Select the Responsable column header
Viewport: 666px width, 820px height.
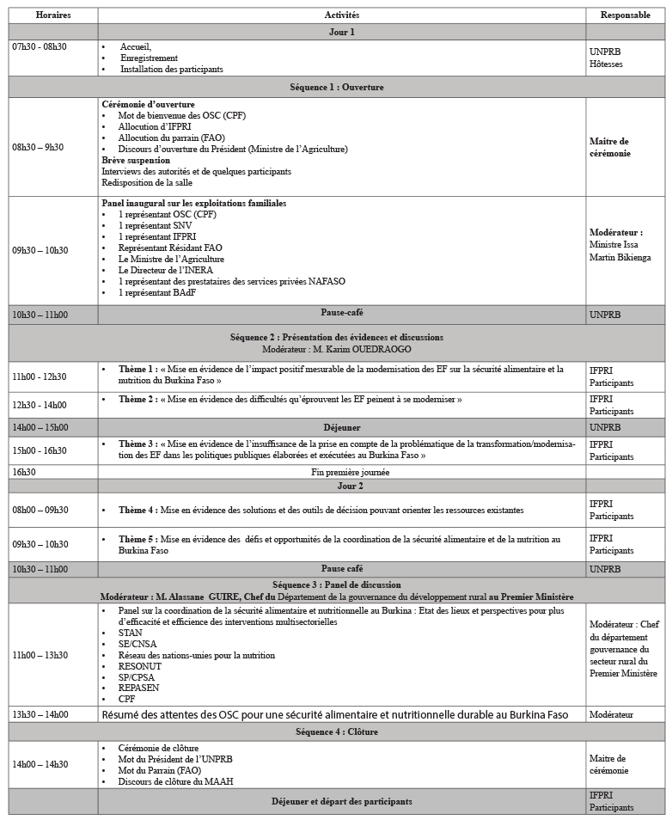[x=625, y=15]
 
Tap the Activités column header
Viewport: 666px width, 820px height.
[x=341, y=15]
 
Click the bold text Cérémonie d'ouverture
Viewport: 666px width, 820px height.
[x=148, y=104]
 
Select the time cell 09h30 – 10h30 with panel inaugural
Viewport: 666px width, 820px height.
[x=40, y=250]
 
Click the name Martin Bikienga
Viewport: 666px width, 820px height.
[x=620, y=257]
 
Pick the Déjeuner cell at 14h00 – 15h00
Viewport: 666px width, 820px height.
[x=341, y=427]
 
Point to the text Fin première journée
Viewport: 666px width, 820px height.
[x=341, y=472]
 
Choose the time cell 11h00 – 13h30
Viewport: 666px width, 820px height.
[x=40, y=655]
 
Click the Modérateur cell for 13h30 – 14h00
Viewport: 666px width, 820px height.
[x=611, y=714]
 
